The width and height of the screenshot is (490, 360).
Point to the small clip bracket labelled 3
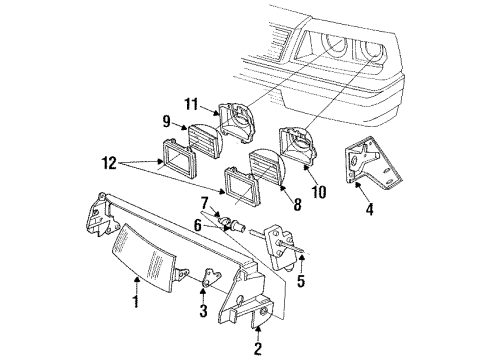(209, 284)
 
